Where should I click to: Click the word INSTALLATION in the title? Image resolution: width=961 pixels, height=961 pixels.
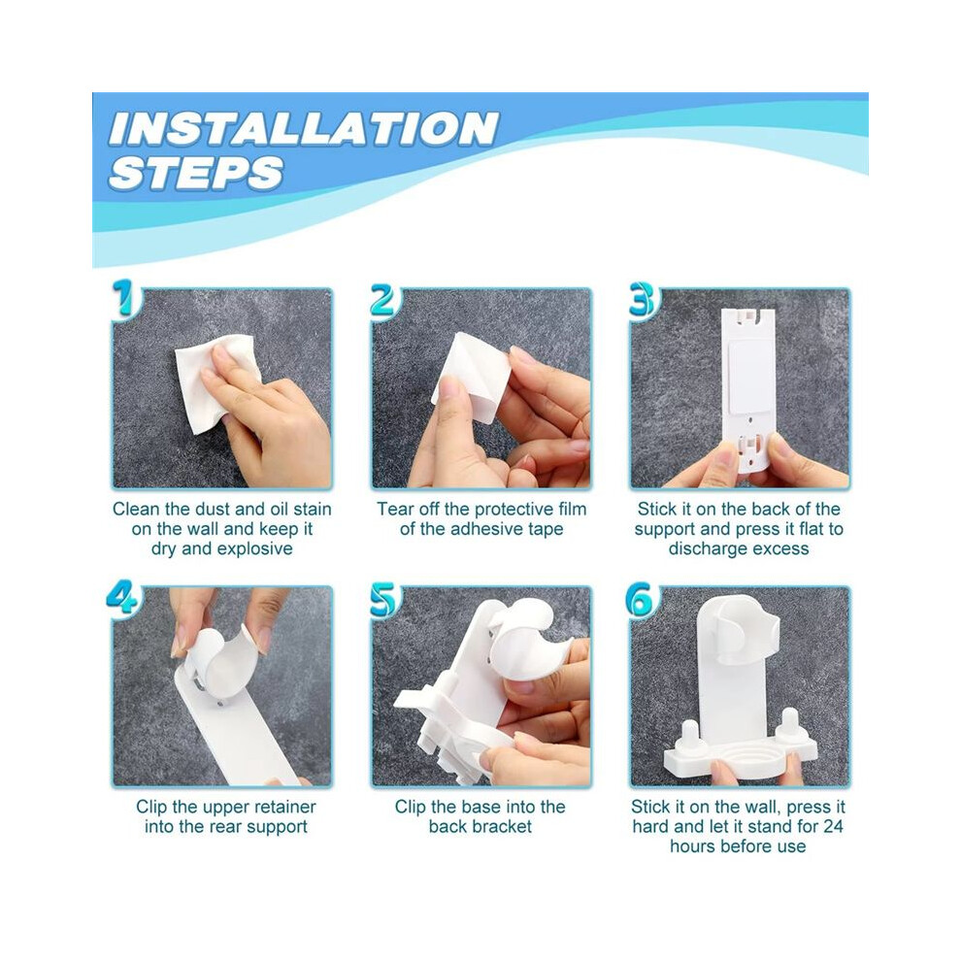[x=303, y=129]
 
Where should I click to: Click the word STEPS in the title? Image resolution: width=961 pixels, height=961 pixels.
[x=196, y=172]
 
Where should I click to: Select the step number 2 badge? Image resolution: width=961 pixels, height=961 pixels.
[x=383, y=300]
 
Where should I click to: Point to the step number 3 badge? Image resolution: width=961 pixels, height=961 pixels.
[x=644, y=300]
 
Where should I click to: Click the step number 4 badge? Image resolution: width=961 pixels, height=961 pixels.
[x=122, y=596]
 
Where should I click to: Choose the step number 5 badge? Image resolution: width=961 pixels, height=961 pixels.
[x=384, y=599]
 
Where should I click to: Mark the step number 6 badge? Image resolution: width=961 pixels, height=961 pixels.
[x=640, y=599]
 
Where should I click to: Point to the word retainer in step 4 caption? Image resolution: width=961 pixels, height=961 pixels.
[x=281, y=807]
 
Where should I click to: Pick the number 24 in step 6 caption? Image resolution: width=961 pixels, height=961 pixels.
[x=833, y=826]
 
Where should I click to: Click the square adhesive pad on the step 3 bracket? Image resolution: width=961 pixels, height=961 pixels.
[x=750, y=368]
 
